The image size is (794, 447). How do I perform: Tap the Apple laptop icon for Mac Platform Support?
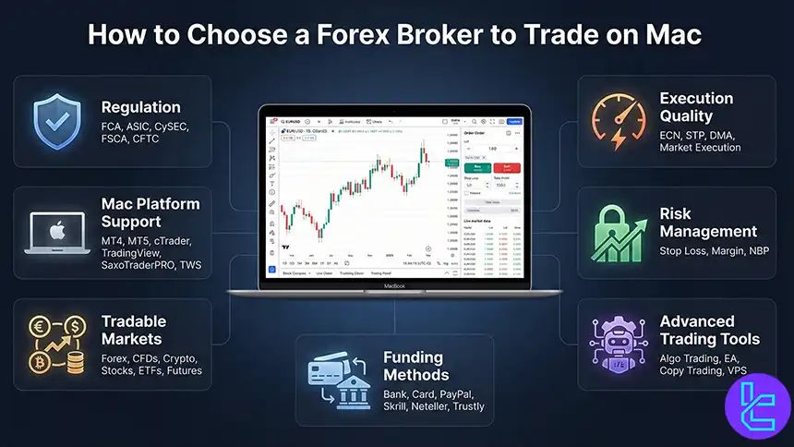54,234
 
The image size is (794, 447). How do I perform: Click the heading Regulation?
140,107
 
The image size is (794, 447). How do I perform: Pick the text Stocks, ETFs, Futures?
150,370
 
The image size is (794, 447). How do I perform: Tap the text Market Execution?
700,148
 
